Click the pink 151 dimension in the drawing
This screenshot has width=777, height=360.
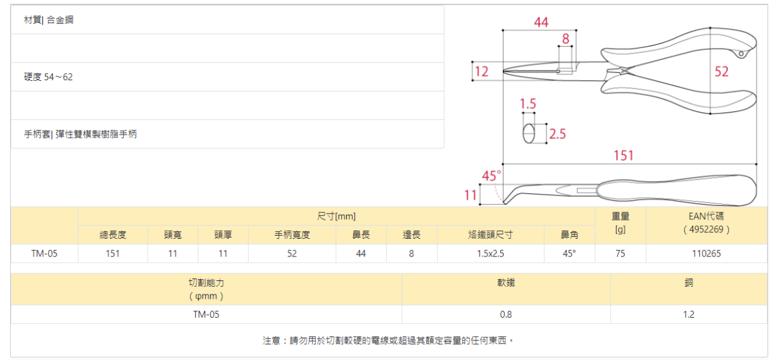coord(623,155)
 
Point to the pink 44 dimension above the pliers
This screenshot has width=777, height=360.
coord(541,22)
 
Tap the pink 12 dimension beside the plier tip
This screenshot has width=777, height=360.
coord(481,71)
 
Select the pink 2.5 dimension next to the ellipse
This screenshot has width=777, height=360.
coord(558,134)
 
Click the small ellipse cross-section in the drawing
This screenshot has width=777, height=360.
coord(529,134)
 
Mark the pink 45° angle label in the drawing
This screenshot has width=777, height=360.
coord(491,175)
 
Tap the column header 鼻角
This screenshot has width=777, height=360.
coord(569,235)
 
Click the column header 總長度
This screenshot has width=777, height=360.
coord(112,235)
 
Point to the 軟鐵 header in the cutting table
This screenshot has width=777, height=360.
coord(506,283)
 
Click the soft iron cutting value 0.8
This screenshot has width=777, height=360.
coord(506,314)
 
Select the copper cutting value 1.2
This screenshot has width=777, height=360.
coord(689,314)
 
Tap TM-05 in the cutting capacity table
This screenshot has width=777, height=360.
coord(206,314)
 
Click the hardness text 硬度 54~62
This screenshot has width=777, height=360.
coord(49,77)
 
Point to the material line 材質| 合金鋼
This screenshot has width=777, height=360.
coord(49,20)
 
